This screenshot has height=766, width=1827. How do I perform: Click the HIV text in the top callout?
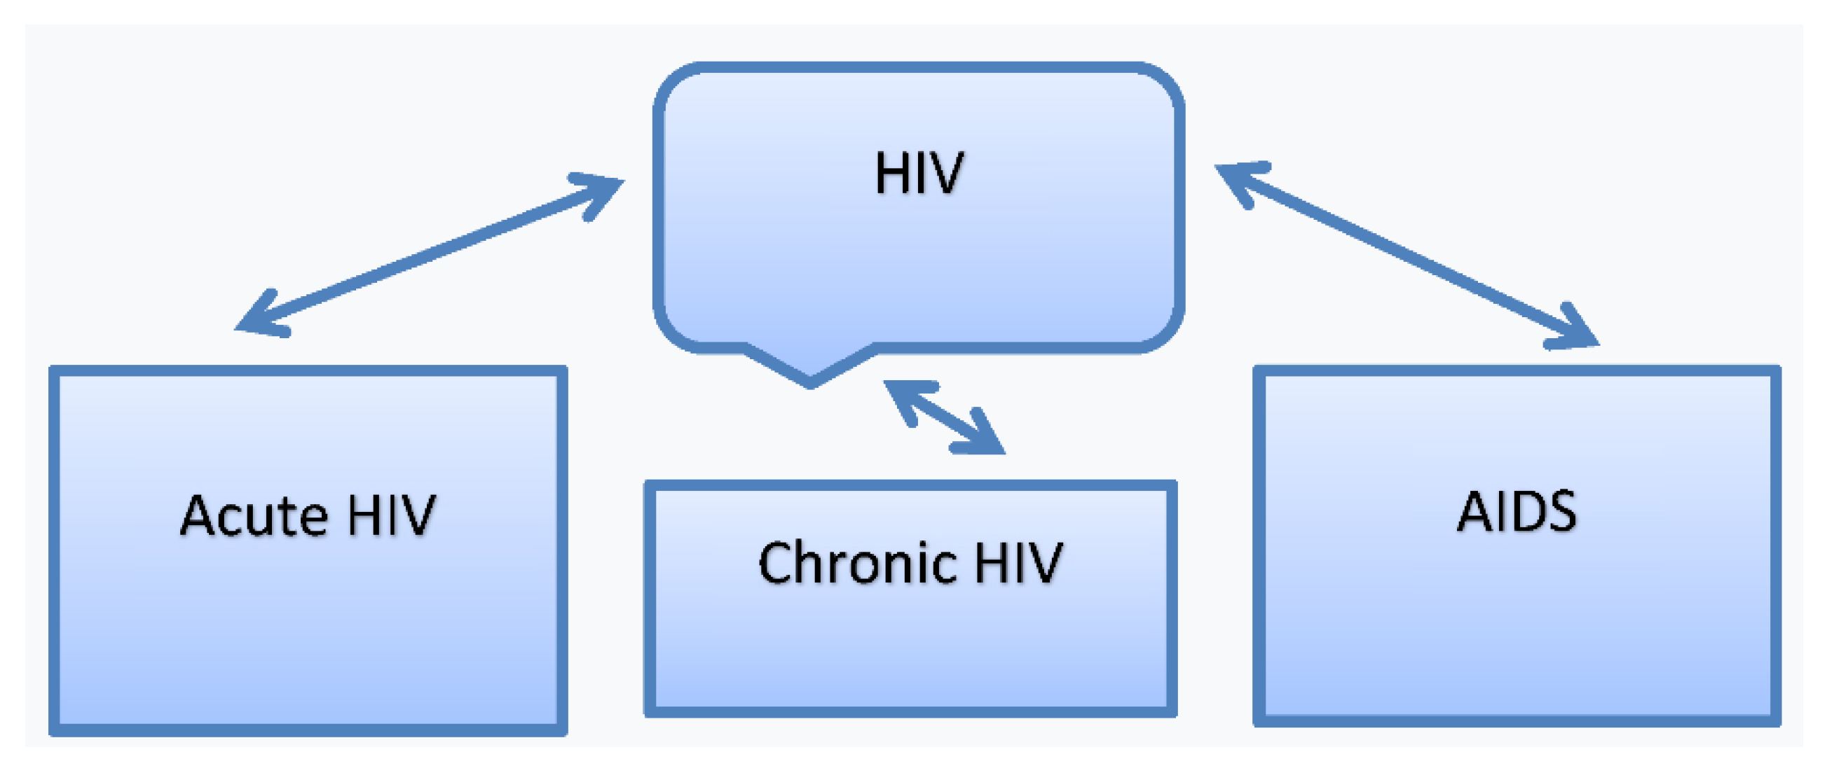tap(919, 173)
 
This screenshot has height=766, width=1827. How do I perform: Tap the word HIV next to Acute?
tap(392, 515)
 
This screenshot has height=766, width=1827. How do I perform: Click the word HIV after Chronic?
tap(1018, 563)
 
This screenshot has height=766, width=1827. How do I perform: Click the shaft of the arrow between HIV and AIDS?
tap(1408, 255)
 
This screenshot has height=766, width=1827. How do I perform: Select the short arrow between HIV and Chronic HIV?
tap(944, 417)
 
